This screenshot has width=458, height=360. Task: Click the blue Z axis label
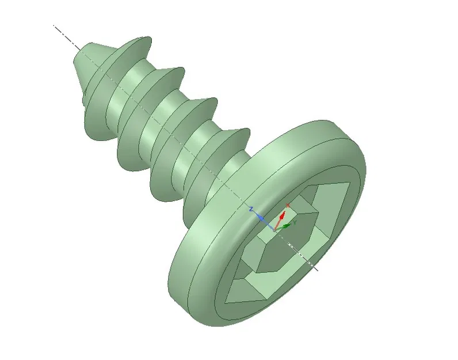251,210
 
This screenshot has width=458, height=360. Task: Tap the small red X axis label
288,205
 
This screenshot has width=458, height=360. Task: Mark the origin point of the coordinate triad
275,227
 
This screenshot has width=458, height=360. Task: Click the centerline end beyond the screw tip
55,26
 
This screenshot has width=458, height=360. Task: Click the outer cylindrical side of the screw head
190,271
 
